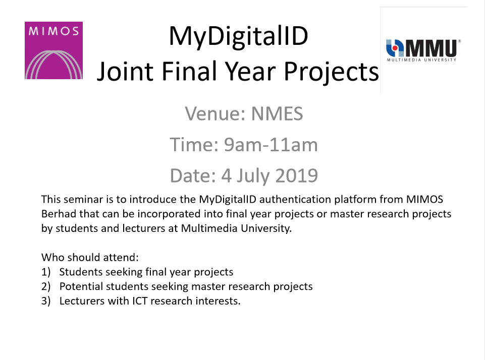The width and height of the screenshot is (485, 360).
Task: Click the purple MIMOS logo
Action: (x=53, y=50)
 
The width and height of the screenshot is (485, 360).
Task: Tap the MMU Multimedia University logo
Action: (x=423, y=50)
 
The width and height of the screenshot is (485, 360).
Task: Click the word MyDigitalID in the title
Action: (x=239, y=36)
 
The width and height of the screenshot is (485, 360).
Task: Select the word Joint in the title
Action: (x=125, y=72)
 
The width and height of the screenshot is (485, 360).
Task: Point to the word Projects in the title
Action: (x=331, y=72)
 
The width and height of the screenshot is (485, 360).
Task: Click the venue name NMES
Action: (x=277, y=114)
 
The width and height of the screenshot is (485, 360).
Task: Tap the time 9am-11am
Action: (x=271, y=145)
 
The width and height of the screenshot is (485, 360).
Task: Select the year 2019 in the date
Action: (x=297, y=175)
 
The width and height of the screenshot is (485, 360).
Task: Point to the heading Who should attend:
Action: (x=90, y=257)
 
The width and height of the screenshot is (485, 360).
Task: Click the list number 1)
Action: (x=46, y=272)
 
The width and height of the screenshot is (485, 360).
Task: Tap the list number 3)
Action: (x=46, y=301)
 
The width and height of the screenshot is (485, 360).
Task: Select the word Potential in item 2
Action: (x=81, y=286)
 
